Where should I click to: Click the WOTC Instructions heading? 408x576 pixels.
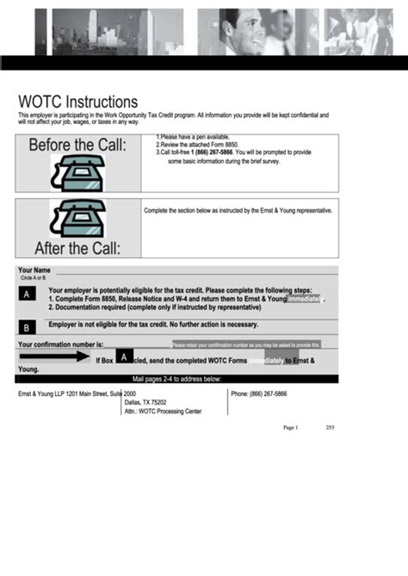77,102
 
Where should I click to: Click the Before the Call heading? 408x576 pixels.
77,146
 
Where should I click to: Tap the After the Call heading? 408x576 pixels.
77,250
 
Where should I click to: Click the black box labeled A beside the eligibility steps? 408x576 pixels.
28,294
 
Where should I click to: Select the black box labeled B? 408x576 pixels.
28,328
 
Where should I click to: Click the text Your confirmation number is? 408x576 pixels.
66,345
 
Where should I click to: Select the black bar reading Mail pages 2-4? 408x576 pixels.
177,379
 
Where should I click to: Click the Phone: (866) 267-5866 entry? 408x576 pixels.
259,393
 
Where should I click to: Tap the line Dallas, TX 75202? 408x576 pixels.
145,402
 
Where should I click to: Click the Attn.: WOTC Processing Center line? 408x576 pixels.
163,412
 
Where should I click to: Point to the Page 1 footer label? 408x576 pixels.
290,428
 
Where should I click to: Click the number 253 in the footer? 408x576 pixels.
330,428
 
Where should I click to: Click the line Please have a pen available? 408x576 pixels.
192,137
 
